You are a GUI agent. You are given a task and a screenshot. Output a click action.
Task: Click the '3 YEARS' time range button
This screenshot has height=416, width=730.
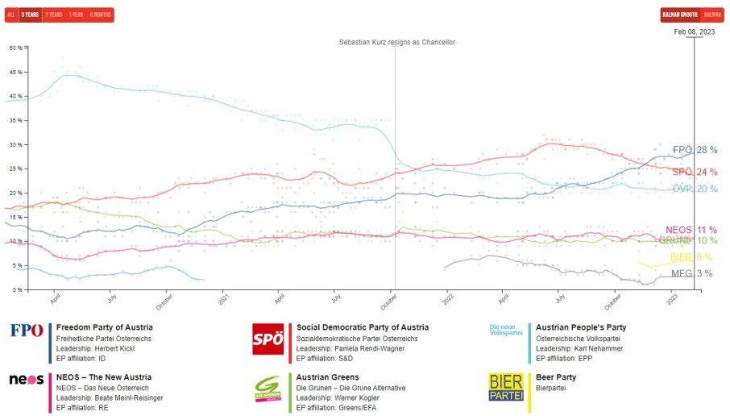[31, 15]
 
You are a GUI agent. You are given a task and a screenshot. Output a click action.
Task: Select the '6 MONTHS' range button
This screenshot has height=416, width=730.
[102, 15]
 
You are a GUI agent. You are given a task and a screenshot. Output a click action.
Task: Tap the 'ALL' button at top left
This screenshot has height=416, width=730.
[11, 15]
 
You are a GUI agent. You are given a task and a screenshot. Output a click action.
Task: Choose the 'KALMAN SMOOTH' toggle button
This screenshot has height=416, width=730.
[679, 15]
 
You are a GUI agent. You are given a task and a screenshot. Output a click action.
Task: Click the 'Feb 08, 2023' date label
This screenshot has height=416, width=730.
[694, 31]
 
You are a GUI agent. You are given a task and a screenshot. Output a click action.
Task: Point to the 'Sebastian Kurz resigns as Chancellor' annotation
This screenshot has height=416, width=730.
[396, 42]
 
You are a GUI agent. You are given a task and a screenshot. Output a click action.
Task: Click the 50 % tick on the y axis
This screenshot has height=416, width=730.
[16, 48]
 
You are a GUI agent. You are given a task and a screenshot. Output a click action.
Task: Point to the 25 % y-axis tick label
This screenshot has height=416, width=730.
[16, 168]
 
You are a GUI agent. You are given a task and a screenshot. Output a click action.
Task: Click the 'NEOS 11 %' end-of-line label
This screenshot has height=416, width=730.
[691, 230]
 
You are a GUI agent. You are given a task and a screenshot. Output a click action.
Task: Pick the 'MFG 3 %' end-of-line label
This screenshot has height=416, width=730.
[691, 273]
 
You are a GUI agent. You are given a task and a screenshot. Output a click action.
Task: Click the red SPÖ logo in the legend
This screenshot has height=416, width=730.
[268, 339]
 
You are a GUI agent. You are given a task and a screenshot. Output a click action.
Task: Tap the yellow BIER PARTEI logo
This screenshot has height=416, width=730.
[505, 387]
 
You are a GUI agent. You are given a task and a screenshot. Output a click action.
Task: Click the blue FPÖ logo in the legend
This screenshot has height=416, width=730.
[27, 330]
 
